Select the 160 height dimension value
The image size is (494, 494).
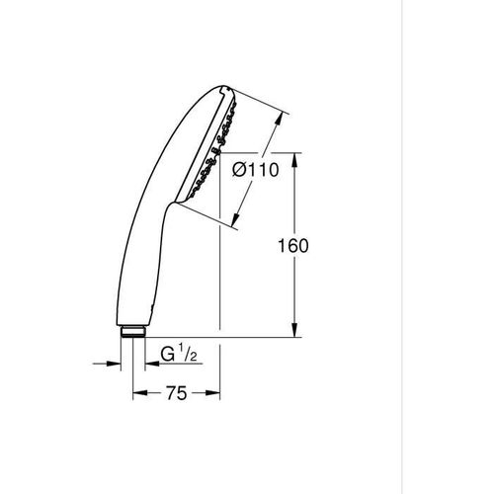click(x=293, y=245)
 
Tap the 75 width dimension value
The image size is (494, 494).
click(x=176, y=393)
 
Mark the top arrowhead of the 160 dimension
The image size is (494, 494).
click(x=293, y=158)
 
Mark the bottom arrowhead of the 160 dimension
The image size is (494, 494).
click(x=293, y=333)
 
